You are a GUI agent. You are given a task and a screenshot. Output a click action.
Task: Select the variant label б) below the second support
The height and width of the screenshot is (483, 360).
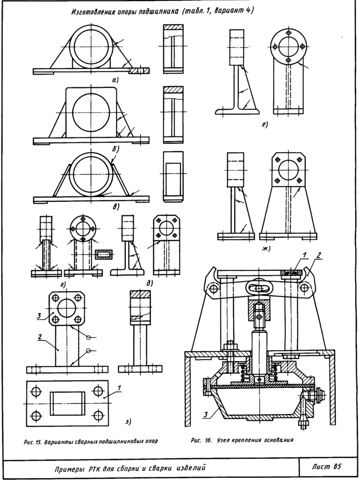[115, 148]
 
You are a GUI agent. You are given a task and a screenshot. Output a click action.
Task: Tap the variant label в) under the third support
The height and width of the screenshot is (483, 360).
[115, 206]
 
